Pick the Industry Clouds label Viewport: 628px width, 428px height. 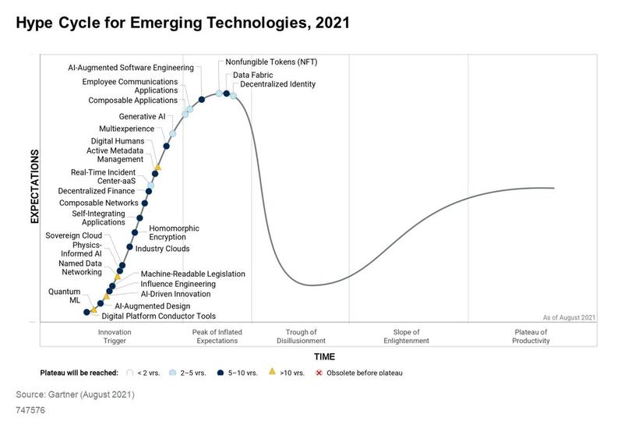[x=162, y=249]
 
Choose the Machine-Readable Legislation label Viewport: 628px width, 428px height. [x=192, y=274]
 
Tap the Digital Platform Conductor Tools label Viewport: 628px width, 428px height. [x=158, y=317]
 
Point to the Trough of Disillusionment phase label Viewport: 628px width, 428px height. [x=301, y=337]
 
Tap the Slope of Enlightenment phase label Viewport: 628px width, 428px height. [x=406, y=337]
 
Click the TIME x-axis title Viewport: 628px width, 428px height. [x=324, y=356]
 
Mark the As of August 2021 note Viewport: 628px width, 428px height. [x=569, y=317]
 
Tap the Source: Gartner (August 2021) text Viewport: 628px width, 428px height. [x=76, y=394]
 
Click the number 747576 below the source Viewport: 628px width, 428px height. [x=31, y=409]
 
